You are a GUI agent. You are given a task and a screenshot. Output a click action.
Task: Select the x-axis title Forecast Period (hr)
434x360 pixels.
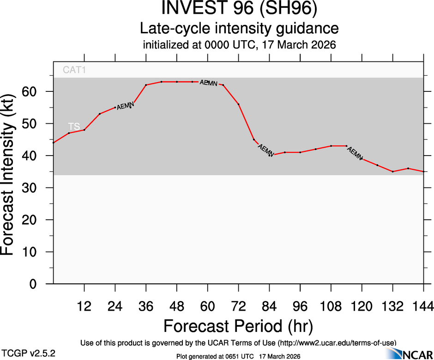[238, 326]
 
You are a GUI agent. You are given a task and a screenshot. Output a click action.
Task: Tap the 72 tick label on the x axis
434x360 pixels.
[238, 306]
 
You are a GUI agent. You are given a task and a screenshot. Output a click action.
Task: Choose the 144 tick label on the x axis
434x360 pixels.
[423, 306]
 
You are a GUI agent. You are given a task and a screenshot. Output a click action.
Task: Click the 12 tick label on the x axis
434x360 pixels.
[84, 306]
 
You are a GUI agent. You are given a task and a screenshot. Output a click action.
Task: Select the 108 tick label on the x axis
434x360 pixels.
[331, 306]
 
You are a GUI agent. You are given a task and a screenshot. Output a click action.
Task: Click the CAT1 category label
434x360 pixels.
[74, 71]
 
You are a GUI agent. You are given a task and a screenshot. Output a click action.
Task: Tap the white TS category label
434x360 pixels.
[74, 126]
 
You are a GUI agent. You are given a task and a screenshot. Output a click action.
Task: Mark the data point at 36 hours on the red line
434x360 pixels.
[146, 85]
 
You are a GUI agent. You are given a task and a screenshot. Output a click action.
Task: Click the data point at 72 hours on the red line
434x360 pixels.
[239, 104]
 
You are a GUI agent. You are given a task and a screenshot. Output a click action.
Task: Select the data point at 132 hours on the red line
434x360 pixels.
[393, 172]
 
